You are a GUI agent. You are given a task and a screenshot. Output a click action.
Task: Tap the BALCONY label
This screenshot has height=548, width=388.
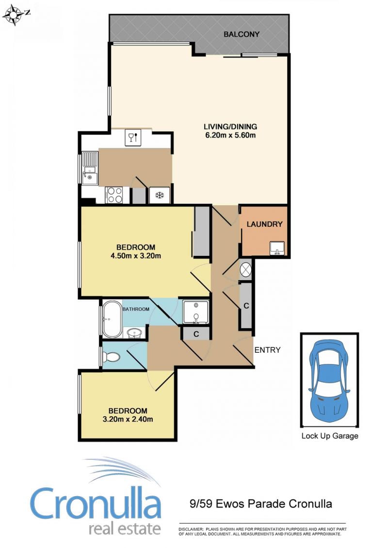tap(242, 34)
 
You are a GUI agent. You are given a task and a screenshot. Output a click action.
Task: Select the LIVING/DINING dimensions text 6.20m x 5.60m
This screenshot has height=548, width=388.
tap(230, 135)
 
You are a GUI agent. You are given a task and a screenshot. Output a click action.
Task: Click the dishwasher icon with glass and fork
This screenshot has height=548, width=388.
tap(133, 137)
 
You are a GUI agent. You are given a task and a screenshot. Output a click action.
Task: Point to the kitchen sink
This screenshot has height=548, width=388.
tap(90, 175)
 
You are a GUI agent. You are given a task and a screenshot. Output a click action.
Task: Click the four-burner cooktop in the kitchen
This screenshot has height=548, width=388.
tap(114, 195)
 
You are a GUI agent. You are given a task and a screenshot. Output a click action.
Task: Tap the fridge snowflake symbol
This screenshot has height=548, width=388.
tap(160, 195)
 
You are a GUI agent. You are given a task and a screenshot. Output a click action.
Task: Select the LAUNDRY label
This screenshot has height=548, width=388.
tap(264, 224)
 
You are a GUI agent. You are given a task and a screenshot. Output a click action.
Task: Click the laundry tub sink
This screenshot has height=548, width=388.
tap(277, 248)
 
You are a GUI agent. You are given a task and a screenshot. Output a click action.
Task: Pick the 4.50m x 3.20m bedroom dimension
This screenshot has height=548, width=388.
tap(136, 256)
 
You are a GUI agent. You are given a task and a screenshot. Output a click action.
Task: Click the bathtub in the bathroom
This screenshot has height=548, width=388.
tap(112, 319)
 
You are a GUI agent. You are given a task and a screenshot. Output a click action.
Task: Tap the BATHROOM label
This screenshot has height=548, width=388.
tap(136, 309)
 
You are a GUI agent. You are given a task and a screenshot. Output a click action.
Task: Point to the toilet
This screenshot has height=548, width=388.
tap(111, 357)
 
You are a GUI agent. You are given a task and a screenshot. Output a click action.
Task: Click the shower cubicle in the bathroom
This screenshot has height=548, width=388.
tap(196, 312)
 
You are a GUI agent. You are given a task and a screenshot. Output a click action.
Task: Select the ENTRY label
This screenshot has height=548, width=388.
tap(267, 350)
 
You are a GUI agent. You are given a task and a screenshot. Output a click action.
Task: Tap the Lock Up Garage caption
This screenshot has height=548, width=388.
tap(330, 436)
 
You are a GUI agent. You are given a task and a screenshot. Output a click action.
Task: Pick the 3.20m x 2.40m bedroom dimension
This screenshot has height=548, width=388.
tap(128, 420)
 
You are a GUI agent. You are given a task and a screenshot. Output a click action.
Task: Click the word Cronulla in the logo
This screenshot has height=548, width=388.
tap(95, 503)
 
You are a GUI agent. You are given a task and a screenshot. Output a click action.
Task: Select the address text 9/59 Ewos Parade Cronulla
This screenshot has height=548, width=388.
tap(260, 503)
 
